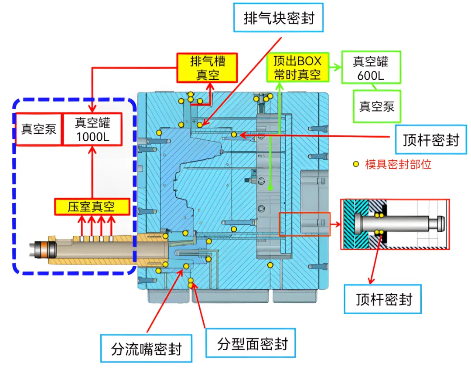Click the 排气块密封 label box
[x=278, y=18]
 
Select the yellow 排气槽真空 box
[x=207, y=68]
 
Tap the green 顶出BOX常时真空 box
[x=298, y=68]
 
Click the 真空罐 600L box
[x=371, y=67]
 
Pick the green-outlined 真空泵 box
[x=377, y=106]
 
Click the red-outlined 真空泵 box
[x=39, y=129]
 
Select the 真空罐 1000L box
[x=92, y=129]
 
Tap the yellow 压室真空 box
[x=92, y=207]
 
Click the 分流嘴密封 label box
[x=146, y=349]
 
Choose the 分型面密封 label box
[x=251, y=343]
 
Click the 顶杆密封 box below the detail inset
[x=383, y=299]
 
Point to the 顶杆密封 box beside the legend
[x=431, y=139]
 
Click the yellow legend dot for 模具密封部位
[x=356, y=164]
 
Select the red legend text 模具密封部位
[x=398, y=164]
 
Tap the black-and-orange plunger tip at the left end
[x=43, y=249]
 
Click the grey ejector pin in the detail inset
[x=400, y=224]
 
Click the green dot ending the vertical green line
[x=270, y=188]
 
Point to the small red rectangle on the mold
[x=304, y=224]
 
